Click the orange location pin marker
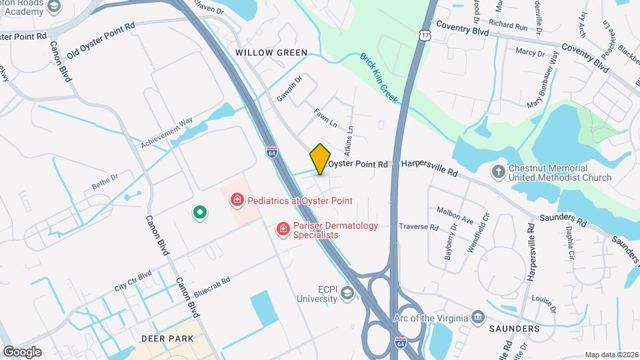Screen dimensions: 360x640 point(320,159)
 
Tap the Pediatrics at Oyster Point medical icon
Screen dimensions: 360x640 point(236,200)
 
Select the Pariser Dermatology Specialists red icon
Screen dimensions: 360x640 point(283,229)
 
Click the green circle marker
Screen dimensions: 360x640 point(199,213)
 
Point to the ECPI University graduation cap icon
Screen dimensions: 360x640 point(346,294)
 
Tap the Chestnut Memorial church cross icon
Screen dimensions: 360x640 point(498,172)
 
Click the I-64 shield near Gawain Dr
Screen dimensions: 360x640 point(271,152)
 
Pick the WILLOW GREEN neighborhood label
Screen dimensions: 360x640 point(271,53)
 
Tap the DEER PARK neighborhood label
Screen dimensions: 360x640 point(167,339)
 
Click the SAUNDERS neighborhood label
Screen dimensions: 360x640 point(514,329)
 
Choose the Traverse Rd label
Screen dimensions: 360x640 point(418,227)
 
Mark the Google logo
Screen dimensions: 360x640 point(22,351)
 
